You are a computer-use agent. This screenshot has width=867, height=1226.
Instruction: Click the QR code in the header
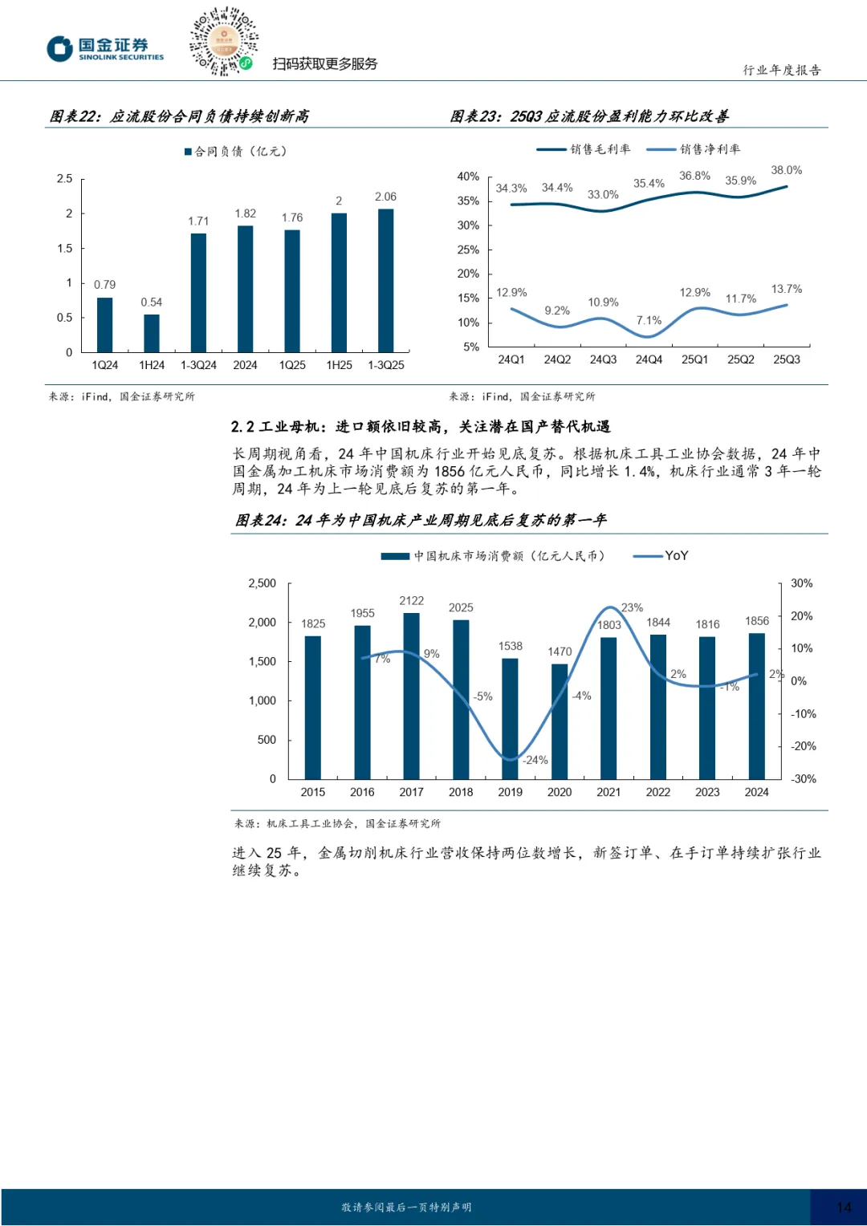[x=223, y=42]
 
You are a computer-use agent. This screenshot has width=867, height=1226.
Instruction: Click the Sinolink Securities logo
[x=105, y=49]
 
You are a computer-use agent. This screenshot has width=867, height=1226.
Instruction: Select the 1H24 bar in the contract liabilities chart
[x=152, y=333]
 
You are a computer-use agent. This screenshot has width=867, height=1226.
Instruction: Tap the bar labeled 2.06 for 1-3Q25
[x=386, y=280]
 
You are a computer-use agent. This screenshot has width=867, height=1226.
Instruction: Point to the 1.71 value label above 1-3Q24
[x=198, y=221]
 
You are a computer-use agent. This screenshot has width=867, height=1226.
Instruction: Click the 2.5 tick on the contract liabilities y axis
[x=65, y=179]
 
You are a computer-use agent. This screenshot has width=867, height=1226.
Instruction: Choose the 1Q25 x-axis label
[x=292, y=365]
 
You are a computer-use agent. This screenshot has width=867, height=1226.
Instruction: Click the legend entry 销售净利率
[x=710, y=149]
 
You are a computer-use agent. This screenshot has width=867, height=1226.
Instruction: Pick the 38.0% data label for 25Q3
[x=786, y=170]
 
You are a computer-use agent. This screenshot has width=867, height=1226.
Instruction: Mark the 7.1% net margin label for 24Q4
[x=649, y=320]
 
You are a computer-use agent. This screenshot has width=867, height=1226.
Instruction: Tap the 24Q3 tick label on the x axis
[x=603, y=359]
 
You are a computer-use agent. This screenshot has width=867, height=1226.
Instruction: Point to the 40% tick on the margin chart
[x=468, y=177]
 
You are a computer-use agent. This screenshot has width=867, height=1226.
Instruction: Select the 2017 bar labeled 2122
[x=411, y=695]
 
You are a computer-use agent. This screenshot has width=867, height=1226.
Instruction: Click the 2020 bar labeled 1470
[x=560, y=721]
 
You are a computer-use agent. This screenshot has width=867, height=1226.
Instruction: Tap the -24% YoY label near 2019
[x=535, y=760]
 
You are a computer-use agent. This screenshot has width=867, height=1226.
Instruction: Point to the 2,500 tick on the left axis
[x=262, y=583]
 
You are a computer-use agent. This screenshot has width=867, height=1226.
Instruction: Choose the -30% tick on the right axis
[x=803, y=779]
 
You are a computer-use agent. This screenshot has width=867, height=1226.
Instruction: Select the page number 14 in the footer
[x=844, y=1207]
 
